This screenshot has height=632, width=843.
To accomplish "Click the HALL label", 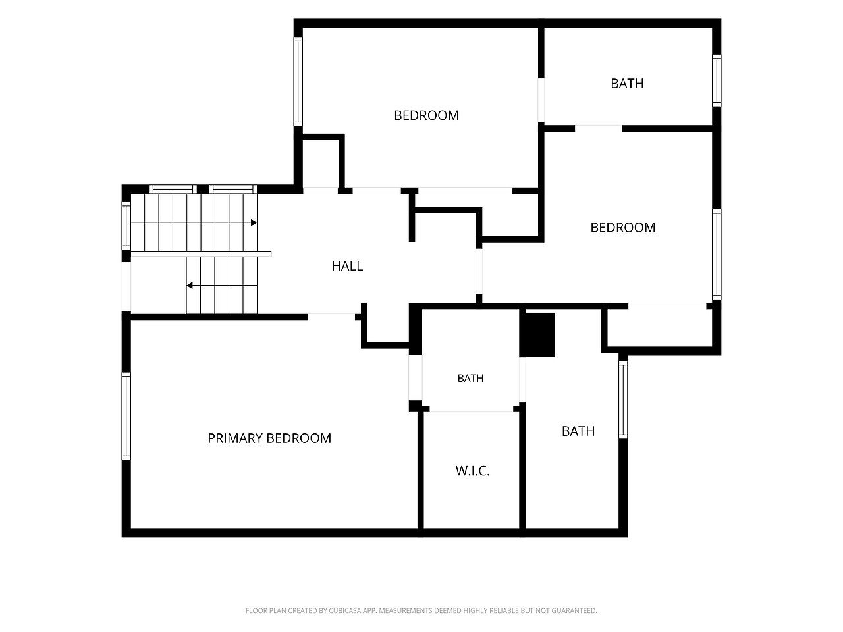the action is pyautogui.click(x=347, y=266).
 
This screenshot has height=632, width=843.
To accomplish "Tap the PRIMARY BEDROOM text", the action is pyautogui.click(x=269, y=438).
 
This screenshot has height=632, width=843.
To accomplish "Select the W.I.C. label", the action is pyautogui.click(x=472, y=471).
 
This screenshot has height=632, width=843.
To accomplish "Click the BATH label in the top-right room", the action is pyautogui.click(x=627, y=83).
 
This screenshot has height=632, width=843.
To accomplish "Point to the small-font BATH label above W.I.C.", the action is pyautogui.click(x=470, y=379).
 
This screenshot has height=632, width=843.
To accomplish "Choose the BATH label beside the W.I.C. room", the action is pyautogui.click(x=578, y=431).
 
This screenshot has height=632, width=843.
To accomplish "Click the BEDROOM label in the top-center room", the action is pyautogui.click(x=426, y=115).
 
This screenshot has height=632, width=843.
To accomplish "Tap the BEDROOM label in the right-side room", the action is pyautogui.click(x=622, y=228).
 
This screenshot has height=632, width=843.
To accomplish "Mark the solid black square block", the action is pyautogui.click(x=537, y=334).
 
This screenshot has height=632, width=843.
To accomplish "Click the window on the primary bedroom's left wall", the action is pyautogui.click(x=126, y=415).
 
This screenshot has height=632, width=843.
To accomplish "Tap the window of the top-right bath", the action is pyautogui.click(x=717, y=80).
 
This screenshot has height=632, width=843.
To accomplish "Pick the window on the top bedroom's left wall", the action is pyautogui.click(x=298, y=82).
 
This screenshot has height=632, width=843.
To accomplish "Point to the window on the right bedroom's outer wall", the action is pyautogui.click(x=717, y=254).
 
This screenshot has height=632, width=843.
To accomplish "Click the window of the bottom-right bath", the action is pyautogui.click(x=623, y=400).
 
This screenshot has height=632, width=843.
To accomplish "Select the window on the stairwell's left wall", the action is pyautogui.click(x=126, y=226).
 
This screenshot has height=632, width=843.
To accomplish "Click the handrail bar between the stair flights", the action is pyautogui.click(x=201, y=254).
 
